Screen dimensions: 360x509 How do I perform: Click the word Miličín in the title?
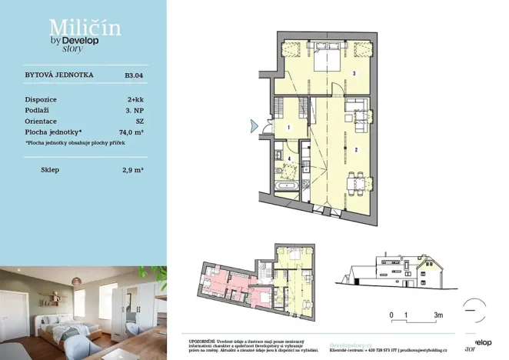click(73, 28)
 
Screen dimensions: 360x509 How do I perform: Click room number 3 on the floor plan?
click(354, 74)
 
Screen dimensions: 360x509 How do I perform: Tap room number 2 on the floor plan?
click(356, 149)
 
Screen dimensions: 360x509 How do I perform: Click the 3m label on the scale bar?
click(438, 315)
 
